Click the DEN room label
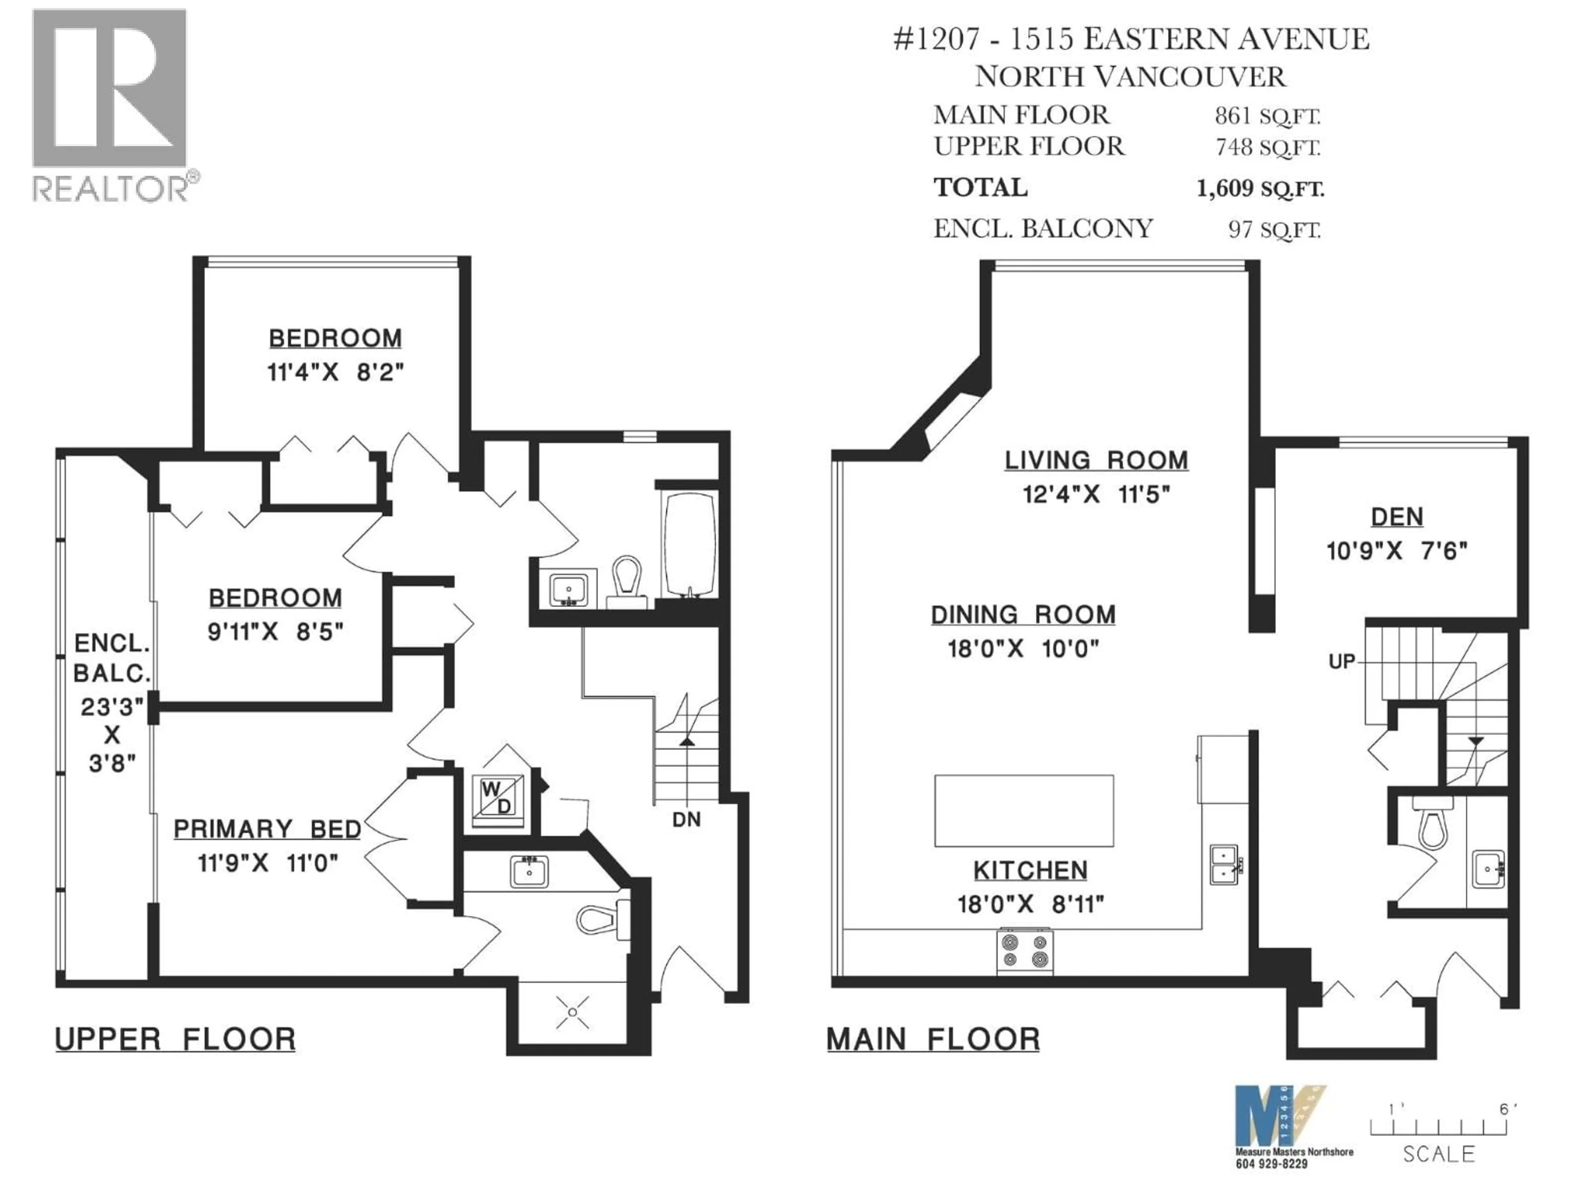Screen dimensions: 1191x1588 1396,517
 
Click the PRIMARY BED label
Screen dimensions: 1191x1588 267,830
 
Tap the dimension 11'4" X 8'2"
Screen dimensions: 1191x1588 335,373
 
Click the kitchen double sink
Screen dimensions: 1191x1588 1224,864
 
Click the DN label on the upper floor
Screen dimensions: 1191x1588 686,820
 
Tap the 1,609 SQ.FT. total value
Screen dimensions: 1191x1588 1260,189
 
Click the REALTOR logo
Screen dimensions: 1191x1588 111,104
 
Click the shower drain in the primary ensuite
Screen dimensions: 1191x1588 572,1012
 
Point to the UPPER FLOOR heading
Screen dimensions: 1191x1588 175,1040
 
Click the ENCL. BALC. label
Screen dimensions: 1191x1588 112,658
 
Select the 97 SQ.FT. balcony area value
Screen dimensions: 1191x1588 1274,230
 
